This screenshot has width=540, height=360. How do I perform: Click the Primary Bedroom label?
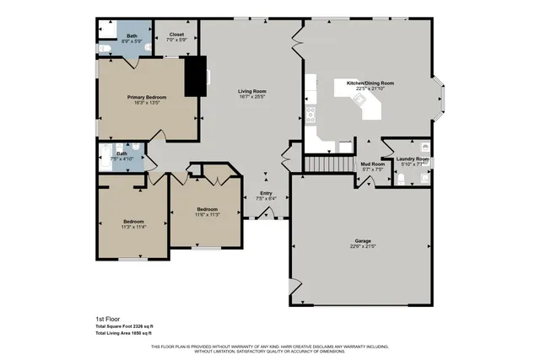[x=146, y=98]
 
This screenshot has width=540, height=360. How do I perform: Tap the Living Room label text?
[x=252, y=91]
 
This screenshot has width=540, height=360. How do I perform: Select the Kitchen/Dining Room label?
[x=364, y=83]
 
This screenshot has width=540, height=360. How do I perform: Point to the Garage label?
[x=361, y=241]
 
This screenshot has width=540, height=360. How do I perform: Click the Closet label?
[x=176, y=35]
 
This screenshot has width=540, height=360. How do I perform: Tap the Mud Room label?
[x=372, y=164]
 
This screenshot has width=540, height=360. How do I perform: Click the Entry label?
[x=266, y=193]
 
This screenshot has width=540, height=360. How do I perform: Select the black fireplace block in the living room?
[x=195, y=74]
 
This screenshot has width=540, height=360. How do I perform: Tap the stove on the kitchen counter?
[x=310, y=111]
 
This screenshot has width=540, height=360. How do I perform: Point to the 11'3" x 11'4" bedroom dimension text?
[x=134, y=227]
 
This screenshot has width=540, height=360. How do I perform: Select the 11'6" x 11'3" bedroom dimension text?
[x=208, y=214]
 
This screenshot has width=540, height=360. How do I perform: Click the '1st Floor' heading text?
[x=106, y=320]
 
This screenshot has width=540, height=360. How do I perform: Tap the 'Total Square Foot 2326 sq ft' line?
[x=124, y=326]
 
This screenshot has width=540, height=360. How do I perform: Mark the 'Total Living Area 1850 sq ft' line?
[x=123, y=334]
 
